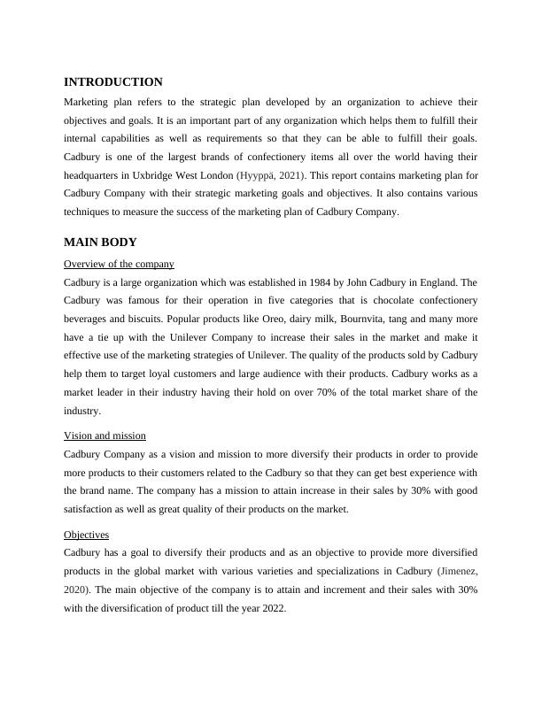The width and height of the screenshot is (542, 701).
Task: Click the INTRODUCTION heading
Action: point(113,82)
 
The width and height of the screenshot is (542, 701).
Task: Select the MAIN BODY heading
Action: point(100,243)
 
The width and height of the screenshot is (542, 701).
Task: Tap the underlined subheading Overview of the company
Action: point(119,264)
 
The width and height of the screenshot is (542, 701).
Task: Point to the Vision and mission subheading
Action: point(105,435)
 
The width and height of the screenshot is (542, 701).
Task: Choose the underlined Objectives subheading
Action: point(86,535)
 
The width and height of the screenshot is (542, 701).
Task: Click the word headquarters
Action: point(91,175)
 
